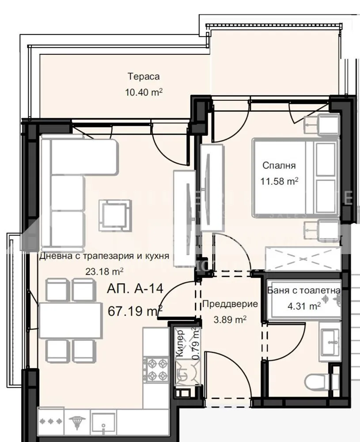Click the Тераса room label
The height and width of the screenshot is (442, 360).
[x=144, y=76]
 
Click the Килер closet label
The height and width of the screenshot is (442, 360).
[x=180, y=349]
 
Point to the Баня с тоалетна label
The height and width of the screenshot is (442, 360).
[x=304, y=290]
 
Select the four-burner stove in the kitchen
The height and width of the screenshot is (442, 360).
[x=156, y=370]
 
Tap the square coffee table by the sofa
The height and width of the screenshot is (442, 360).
[x=115, y=215]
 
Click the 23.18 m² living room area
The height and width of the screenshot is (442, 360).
[x=104, y=271]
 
